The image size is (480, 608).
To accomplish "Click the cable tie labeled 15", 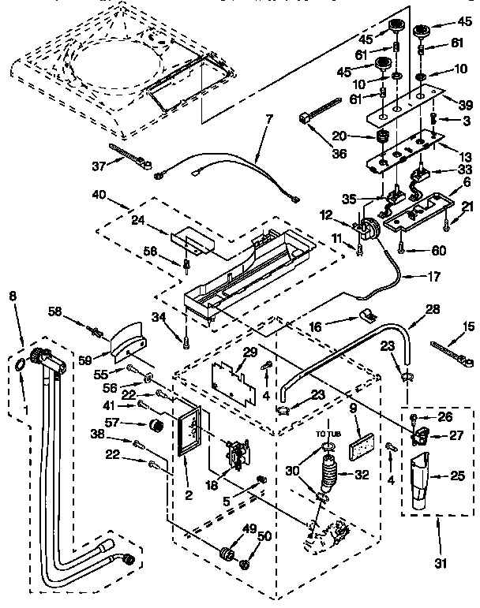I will pos(451,345).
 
